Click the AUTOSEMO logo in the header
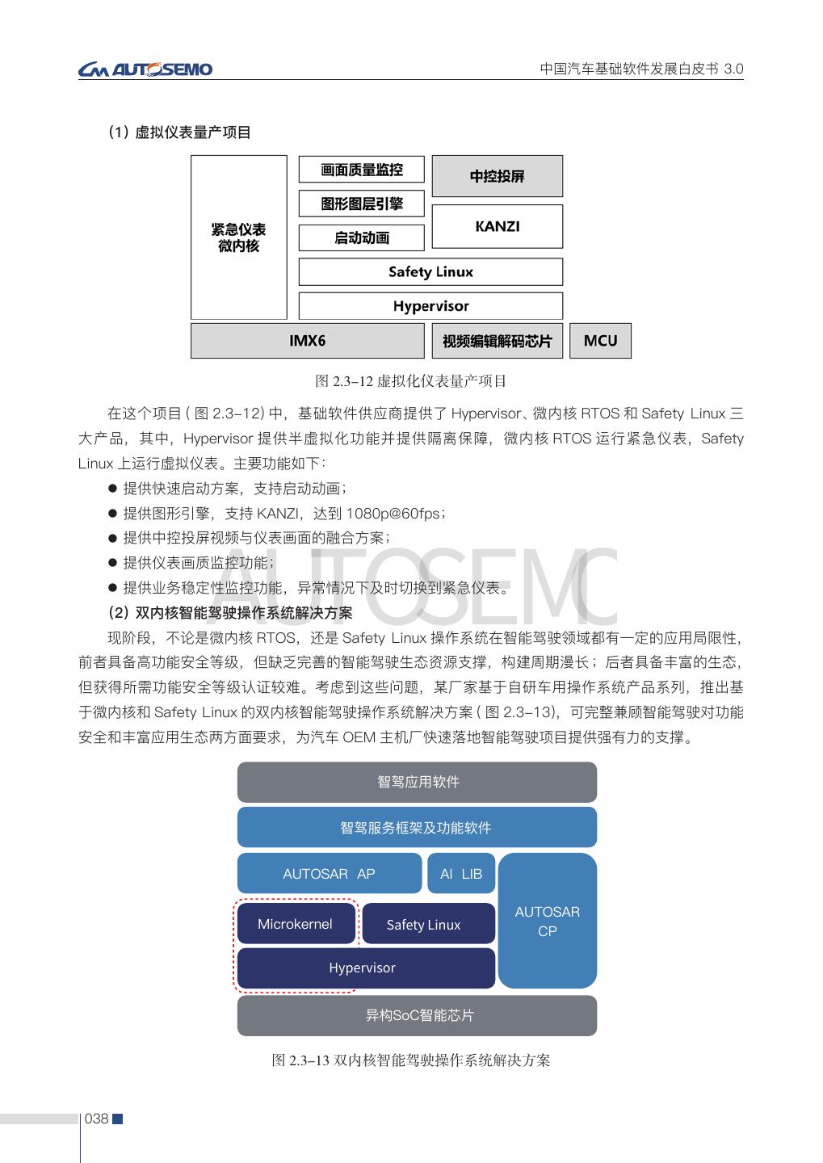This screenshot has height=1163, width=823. click(x=145, y=69)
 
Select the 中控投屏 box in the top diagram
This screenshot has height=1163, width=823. click(x=497, y=176)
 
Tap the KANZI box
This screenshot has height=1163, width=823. click(x=497, y=226)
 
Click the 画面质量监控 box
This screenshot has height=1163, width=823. click(x=361, y=170)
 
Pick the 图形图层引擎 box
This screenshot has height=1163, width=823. click(x=361, y=204)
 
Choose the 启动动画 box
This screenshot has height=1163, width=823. click(x=361, y=237)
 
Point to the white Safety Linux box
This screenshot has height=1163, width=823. click(x=430, y=271)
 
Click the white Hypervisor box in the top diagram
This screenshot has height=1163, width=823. click(x=430, y=306)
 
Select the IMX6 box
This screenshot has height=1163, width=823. click(x=307, y=341)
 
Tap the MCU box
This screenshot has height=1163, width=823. click(x=600, y=341)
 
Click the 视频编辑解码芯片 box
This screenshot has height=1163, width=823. click(x=497, y=341)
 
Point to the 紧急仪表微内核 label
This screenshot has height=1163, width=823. click(x=238, y=237)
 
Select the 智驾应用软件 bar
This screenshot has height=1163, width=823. click(x=417, y=782)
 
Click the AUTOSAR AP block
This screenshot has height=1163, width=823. click(x=329, y=874)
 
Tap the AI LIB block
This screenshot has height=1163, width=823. click(x=460, y=874)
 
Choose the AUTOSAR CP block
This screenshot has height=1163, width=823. click(x=547, y=921)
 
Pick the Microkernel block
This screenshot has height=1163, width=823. click(x=295, y=924)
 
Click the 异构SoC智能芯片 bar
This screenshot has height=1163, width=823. click(x=417, y=1015)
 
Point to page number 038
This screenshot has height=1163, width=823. click(x=96, y=1119)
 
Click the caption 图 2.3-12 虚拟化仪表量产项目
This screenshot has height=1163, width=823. click(x=410, y=381)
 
